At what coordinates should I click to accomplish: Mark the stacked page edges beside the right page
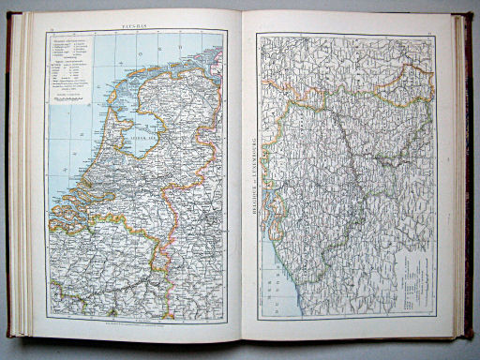click(x=453, y=178)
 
